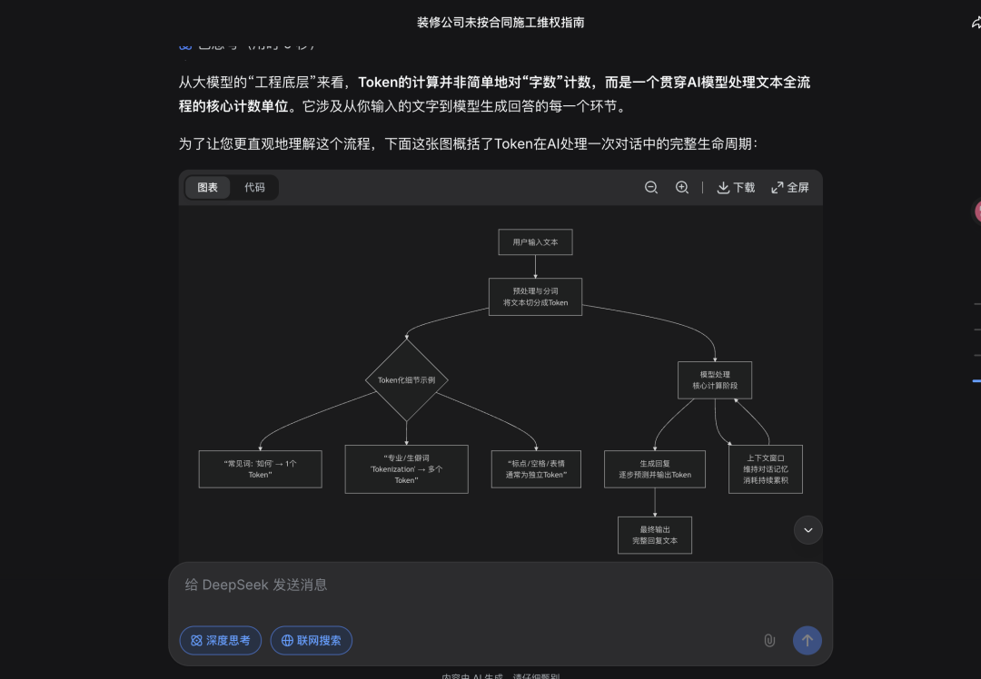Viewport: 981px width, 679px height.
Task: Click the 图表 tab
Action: click(x=208, y=188)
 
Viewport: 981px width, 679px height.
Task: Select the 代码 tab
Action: click(x=254, y=188)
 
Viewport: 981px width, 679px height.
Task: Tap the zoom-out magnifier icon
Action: click(x=651, y=188)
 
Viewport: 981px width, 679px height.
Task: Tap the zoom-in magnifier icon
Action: click(x=682, y=188)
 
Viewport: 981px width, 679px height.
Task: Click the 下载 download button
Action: click(x=736, y=188)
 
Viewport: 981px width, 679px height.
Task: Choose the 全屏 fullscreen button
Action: click(x=790, y=188)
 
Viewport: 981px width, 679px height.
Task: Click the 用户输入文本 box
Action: click(x=535, y=242)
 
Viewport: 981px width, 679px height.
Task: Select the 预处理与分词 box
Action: click(x=535, y=297)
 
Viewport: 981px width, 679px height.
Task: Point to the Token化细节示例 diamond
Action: click(x=406, y=380)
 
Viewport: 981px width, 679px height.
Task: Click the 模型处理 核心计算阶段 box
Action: click(x=715, y=380)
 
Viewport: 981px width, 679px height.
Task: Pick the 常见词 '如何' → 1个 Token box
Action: click(x=260, y=468)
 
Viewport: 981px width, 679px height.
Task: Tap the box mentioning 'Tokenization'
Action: click(x=406, y=468)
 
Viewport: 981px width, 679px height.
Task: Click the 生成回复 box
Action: click(x=655, y=468)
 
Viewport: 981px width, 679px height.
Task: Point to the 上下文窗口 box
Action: click(x=765, y=468)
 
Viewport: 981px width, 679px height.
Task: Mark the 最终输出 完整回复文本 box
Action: click(x=655, y=535)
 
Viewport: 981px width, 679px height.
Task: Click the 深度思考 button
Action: click(x=221, y=641)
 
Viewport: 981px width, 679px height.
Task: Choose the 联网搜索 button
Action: click(x=312, y=641)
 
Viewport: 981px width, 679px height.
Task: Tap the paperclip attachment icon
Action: click(x=769, y=641)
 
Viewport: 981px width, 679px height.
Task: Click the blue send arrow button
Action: click(x=808, y=641)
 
